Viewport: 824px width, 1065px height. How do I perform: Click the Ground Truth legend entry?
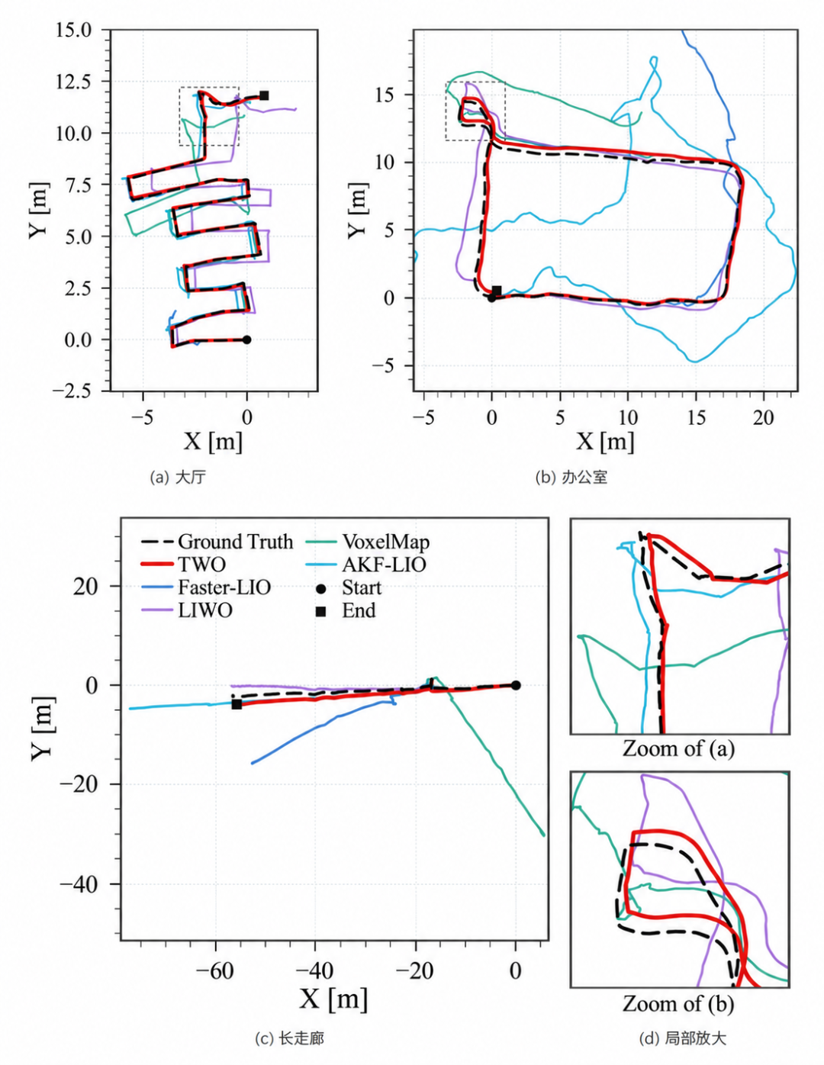217,542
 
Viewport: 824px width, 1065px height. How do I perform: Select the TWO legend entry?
183,565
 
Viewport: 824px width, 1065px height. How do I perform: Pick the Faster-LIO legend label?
224,587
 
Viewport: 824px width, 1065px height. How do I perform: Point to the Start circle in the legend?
320,587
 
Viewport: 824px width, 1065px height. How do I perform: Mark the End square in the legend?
320,610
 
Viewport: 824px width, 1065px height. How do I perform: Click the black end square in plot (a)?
264,95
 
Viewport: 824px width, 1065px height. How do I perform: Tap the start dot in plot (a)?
246,339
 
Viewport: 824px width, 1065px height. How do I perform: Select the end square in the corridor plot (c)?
237,704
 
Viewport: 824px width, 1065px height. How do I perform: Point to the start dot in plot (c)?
516,685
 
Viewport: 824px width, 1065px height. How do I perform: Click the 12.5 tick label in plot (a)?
73,82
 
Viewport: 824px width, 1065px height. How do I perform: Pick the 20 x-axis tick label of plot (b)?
763,417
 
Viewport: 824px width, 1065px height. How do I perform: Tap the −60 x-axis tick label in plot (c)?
214,970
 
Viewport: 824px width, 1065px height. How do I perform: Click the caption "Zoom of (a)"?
679,749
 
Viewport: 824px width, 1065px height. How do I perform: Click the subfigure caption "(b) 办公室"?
571,477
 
